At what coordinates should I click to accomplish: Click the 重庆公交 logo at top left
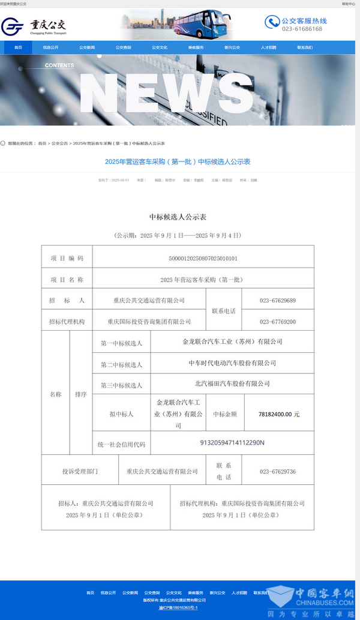point(35,26)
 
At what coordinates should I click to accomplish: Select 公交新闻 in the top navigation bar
point(87,47)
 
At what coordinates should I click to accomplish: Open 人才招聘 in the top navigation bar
point(268,47)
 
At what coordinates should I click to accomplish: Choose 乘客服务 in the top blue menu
point(196,47)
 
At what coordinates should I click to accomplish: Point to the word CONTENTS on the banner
point(59,65)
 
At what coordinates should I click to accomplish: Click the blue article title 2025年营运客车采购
point(177,161)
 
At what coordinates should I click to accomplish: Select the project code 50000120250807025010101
point(203,258)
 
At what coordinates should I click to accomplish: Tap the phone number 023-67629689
point(277,300)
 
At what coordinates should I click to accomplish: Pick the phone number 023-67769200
point(277,322)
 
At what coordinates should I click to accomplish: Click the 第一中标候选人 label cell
point(121,343)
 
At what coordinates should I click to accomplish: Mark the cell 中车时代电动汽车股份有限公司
point(232,363)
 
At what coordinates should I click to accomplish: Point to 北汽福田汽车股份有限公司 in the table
point(232,384)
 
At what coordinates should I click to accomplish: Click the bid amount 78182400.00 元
point(278,414)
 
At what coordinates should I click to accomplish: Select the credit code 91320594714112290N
point(232,443)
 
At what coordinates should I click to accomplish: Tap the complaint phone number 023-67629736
point(277,472)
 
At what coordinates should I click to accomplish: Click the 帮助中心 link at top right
point(349,4)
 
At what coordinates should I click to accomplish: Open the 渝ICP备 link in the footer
point(178,607)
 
